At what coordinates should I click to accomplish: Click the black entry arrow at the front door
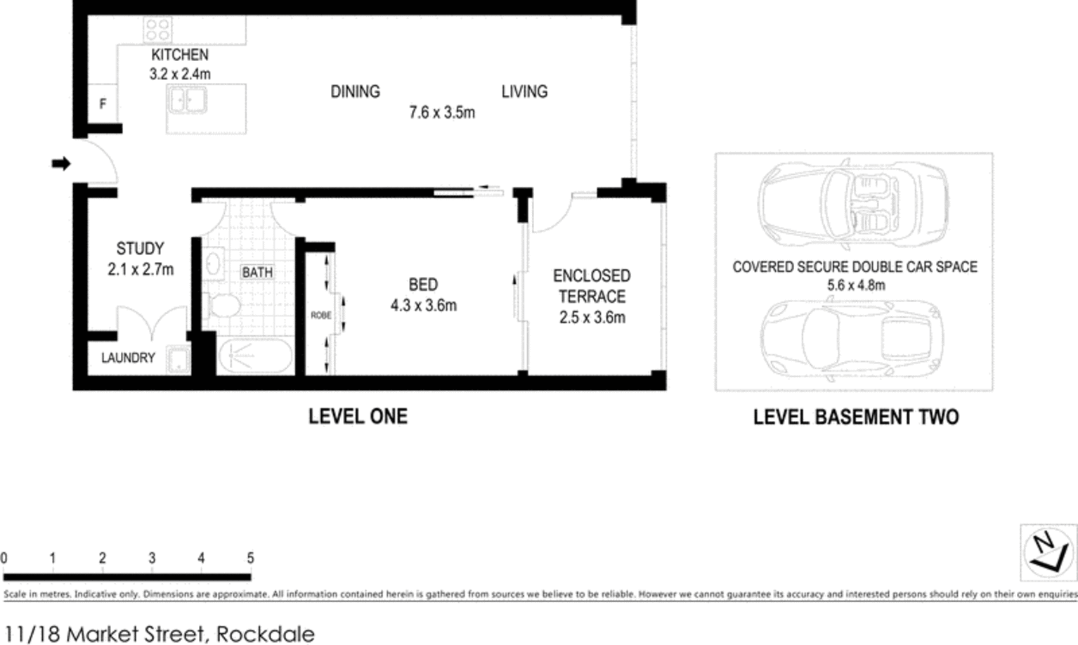(61, 164)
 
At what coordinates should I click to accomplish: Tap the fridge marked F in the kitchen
(103, 103)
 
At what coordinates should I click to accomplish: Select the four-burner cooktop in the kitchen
(158, 30)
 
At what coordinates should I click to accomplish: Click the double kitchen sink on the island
(187, 100)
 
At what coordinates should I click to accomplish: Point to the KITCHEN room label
(180, 55)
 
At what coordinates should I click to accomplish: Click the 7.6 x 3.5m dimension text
(442, 112)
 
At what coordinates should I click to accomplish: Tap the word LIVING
(524, 91)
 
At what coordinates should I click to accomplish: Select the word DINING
(355, 91)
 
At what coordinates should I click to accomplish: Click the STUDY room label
(140, 248)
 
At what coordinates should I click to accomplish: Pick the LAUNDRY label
(128, 358)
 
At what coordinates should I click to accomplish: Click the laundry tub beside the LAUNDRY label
(178, 359)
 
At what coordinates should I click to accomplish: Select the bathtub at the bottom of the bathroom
(255, 356)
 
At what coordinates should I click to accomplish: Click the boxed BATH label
(257, 273)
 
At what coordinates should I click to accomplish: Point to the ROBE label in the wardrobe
(321, 315)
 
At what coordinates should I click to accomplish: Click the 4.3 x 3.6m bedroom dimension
(424, 306)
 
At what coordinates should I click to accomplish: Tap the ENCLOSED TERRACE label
(592, 286)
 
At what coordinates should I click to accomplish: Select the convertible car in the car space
(853, 204)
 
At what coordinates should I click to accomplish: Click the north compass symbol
(1048, 552)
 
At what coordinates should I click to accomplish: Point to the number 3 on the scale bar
(152, 559)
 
